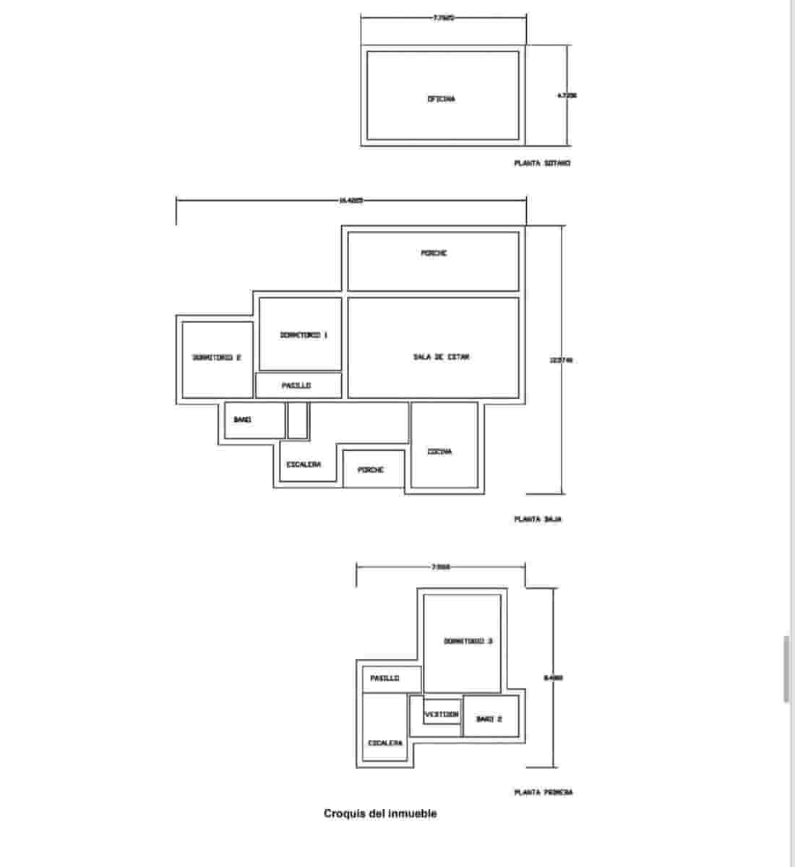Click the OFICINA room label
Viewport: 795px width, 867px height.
coord(441,99)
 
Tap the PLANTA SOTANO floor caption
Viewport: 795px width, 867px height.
coord(542,163)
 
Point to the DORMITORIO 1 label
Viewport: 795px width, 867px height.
coord(304,335)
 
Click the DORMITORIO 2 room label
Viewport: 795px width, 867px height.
coord(216,358)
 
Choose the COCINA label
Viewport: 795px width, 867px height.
coord(439,452)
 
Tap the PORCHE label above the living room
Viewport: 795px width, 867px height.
coord(434,254)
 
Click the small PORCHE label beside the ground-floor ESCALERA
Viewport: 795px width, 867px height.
coord(371,470)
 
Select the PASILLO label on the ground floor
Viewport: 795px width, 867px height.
coord(296,386)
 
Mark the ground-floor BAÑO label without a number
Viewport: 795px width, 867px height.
coord(242,420)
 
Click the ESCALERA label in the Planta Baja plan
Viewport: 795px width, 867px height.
coord(304,465)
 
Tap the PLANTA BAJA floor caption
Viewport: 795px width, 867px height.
coord(538,519)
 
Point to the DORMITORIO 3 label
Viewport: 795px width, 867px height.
coord(468,642)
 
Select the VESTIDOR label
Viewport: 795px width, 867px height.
coord(442,714)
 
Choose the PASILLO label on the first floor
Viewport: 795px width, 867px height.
coord(384,678)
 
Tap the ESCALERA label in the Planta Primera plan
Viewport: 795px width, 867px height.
coord(385,743)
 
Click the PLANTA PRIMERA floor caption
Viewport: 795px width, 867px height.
coord(543,793)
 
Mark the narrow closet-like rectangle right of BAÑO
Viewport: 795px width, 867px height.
coord(297,420)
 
